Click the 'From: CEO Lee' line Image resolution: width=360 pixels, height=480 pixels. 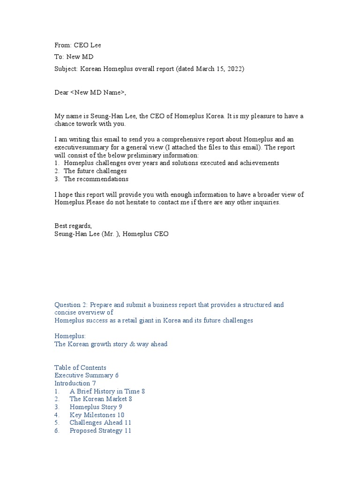tap(78, 45)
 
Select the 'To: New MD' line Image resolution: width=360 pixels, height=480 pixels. tap(74, 57)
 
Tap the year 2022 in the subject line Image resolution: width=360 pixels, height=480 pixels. tap(234, 69)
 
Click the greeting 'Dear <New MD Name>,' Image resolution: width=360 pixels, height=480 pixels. tap(90, 92)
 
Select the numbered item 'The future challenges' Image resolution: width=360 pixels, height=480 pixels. tap(95, 171)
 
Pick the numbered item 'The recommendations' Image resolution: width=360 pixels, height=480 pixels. tap(96, 179)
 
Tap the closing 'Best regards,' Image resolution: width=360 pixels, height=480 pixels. tap(73, 226)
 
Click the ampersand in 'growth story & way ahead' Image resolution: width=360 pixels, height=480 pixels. tap(130, 344)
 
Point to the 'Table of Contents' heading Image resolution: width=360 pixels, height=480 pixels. tap(80, 367)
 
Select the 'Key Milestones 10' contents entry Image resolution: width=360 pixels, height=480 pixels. tap(97, 415)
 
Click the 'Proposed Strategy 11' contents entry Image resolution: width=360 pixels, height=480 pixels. tap(100, 430)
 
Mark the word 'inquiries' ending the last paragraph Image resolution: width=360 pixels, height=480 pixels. tap(265, 202)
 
